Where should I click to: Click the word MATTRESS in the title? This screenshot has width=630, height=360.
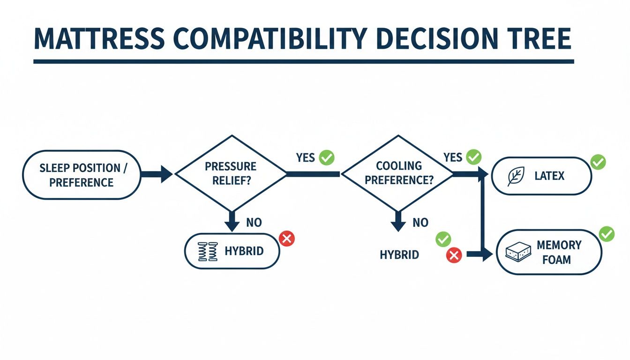pyautogui.click(x=99, y=39)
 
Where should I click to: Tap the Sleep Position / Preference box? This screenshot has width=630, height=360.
pyautogui.click(x=82, y=175)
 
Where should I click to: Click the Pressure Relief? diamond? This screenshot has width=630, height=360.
pyautogui.click(x=231, y=173)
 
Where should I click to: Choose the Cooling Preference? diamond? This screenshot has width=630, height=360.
pyautogui.click(x=398, y=173)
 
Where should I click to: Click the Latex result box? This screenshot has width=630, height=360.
pyautogui.click(x=542, y=176)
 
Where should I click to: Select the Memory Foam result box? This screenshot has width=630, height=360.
pyautogui.click(x=549, y=252)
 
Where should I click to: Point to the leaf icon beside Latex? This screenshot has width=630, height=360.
pyautogui.click(x=516, y=176)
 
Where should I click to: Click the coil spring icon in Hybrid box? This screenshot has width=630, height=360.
pyautogui.click(x=208, y=251)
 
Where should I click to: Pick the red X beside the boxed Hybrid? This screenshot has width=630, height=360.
pyautogui.click(x=287, y=239)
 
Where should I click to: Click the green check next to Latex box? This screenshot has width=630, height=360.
pyautogui.click(x=598, y=162)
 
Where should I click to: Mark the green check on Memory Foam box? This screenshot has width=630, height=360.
pyautogui.click(x=607, y=234)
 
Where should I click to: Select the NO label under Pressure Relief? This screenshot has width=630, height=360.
pyautogui.click(x=254, y=223)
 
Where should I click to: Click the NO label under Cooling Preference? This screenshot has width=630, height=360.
pyautogui.click(x=420, y=223)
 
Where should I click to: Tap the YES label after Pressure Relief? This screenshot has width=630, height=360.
pyautogui.click(x=306, y=157)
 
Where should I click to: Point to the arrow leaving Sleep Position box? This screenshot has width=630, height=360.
pyautogui.click(x=157, y=174)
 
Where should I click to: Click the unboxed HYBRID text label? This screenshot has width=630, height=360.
pyautogui.click(x=399, y=255)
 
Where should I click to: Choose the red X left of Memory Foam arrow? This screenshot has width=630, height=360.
pyautogui.click(x=454, y=255)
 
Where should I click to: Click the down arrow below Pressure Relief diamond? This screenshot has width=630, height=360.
pyautogui.click(x=232, y=221)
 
